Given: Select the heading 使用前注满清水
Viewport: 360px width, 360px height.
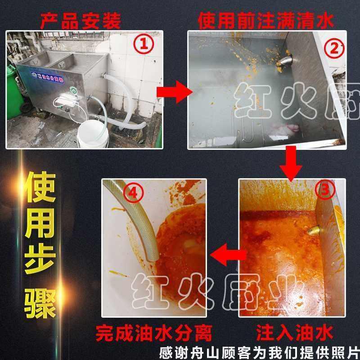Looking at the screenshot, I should click(x=265, y=20).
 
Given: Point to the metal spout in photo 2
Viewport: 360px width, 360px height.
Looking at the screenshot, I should click(x=285, y=61).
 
